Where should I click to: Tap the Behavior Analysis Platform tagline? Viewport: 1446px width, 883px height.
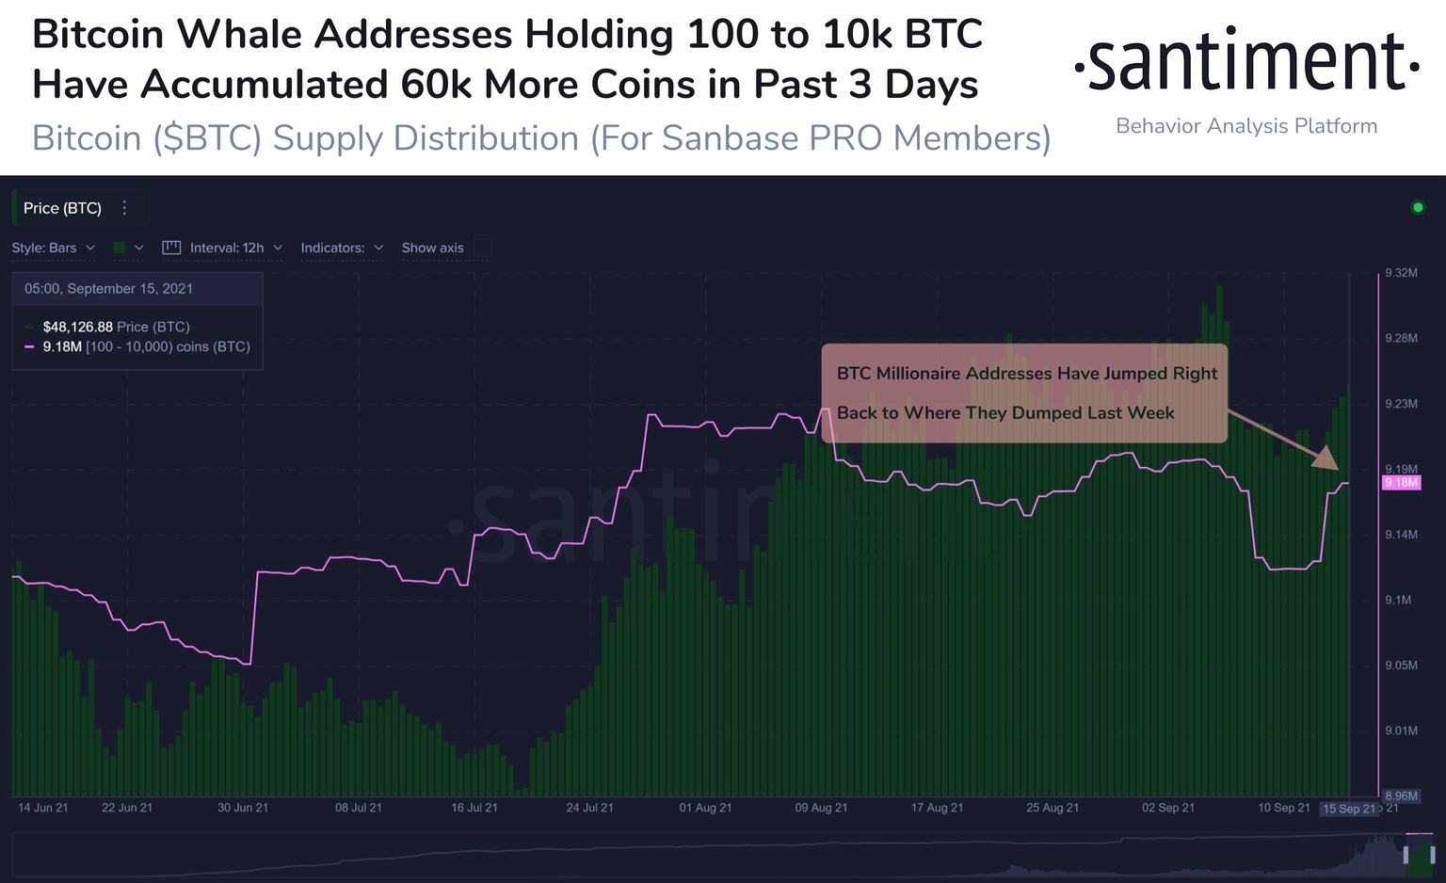point(1246,126)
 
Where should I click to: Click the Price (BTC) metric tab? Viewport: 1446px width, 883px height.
point(62,208)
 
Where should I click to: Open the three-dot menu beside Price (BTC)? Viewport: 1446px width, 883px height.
point(124,208)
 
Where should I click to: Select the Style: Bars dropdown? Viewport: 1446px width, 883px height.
point(54,248)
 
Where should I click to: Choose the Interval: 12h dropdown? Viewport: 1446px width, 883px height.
point(223,248)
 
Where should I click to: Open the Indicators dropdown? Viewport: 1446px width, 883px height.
point(342,248)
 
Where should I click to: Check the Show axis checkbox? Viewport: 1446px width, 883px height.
point(481,248)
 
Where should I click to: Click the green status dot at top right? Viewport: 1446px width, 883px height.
point(1418,207)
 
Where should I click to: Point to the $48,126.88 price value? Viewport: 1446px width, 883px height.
point(77,327)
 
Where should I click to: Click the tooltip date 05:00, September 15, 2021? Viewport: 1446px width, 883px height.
point(108,289)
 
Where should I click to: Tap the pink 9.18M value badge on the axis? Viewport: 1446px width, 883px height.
point(1401,483)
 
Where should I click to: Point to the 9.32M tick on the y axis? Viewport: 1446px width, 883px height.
point(1401,273)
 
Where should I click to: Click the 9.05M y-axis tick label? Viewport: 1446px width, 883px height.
point(1401,666)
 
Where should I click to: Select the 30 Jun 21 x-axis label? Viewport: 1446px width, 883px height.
point(243,808)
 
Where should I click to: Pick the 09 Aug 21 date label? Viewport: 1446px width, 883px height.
point(821,808)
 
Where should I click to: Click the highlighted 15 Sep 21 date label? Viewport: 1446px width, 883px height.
point(1348,809)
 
